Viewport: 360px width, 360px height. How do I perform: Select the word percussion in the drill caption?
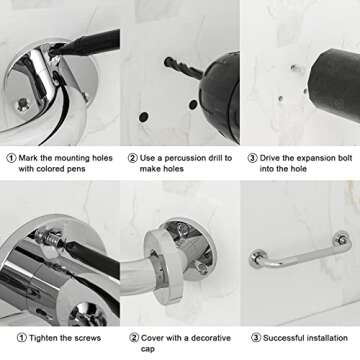[181, 158]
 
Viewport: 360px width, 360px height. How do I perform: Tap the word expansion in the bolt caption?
[312, 158]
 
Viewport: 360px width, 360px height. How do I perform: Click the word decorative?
[212, 338]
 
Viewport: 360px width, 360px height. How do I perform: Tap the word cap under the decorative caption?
[147, 349]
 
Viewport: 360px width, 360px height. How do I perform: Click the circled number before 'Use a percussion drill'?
[132, 158]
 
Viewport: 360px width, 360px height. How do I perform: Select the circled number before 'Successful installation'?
[256, 338]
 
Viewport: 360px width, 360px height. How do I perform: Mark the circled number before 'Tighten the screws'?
[22, 338]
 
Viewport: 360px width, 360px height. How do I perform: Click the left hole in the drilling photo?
[144, 117]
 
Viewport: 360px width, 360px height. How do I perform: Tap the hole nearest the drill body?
[193, 105]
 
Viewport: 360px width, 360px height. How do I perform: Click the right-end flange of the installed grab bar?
[342, 240]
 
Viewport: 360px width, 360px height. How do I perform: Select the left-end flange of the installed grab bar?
[257, 258]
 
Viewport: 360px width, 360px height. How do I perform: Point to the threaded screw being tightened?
[49, 238]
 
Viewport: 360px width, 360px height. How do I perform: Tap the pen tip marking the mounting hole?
[53, 52]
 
